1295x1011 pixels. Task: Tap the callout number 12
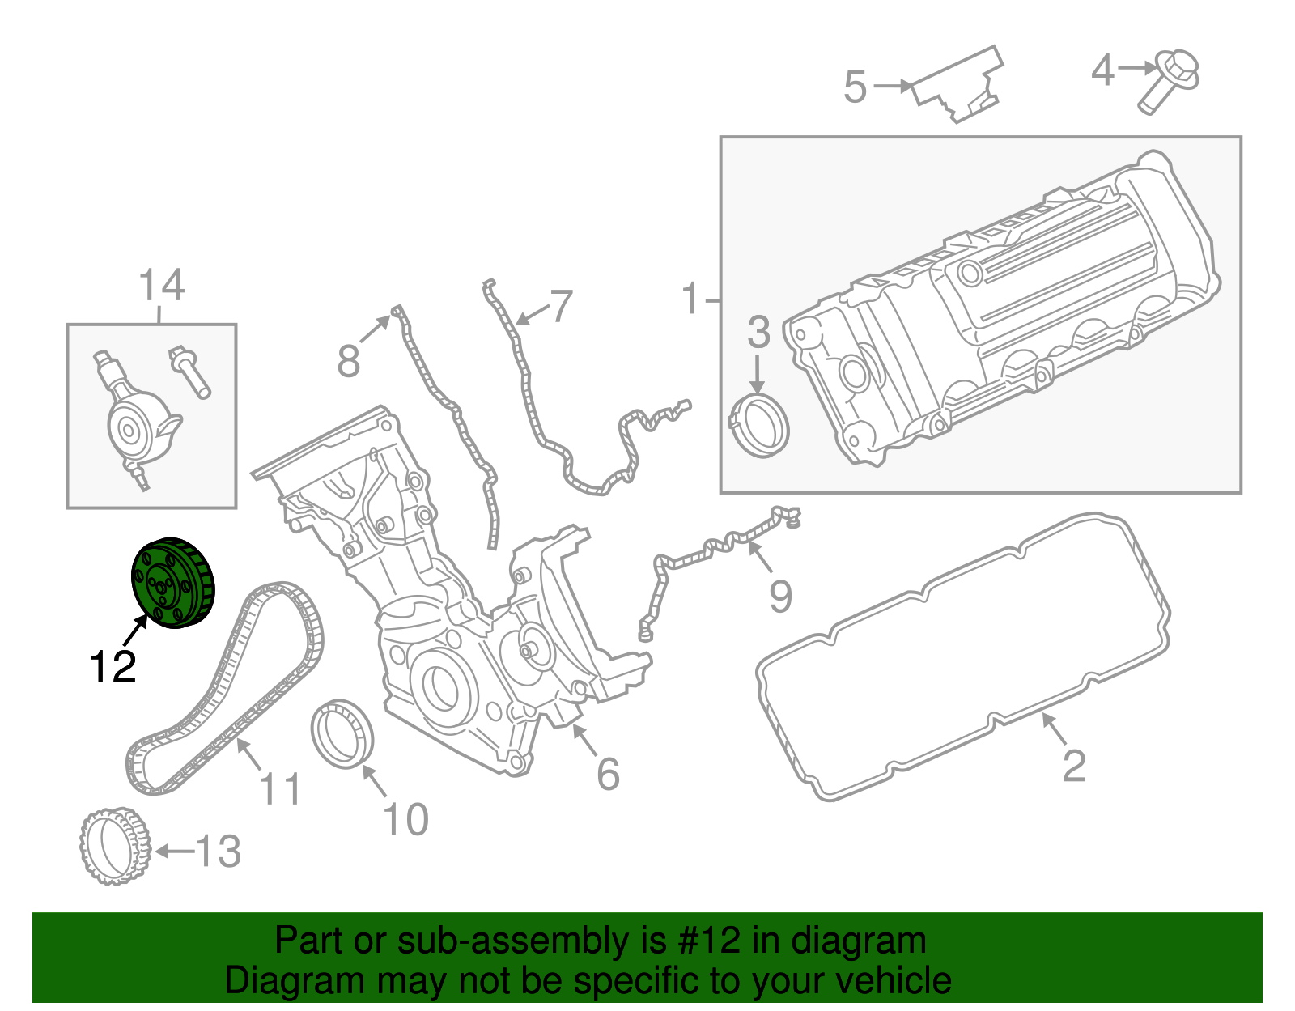[113, 667]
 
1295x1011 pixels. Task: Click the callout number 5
[855, 87]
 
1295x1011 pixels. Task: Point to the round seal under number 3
[760, 426]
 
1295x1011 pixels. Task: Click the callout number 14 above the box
[161, 286]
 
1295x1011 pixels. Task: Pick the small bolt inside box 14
[189, 372]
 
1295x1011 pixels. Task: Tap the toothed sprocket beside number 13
[115, 845]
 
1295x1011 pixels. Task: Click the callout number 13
[218, 852]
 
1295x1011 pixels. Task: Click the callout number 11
[280, 788]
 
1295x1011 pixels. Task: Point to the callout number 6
[608, 774]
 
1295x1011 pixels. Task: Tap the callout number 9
[780, 597]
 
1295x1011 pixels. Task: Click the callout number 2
[1073, 765]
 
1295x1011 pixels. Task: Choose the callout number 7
[560, 307]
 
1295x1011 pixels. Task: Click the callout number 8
[348, 361]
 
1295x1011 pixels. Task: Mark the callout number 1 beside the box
[690, 299]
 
